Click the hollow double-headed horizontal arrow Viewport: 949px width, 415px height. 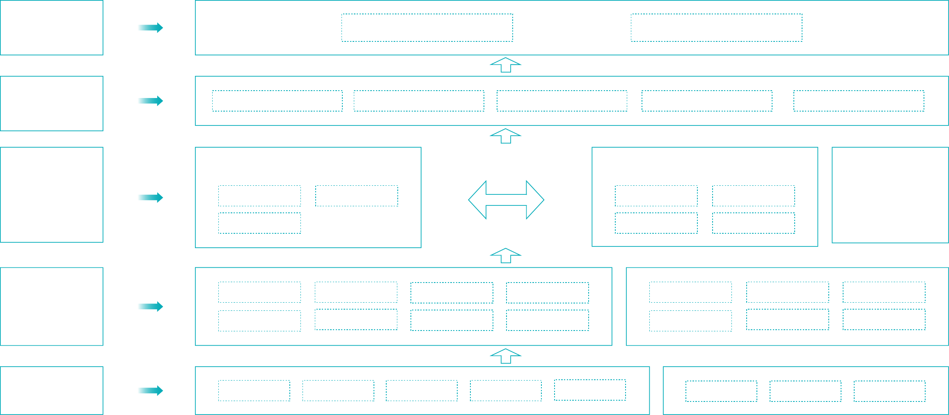506,200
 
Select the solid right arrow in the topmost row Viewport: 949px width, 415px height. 150,28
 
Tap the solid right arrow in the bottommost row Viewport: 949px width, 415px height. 150,390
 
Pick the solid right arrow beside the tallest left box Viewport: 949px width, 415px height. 150,198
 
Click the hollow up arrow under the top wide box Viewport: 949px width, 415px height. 506,65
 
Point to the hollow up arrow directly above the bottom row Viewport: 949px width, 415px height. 506,356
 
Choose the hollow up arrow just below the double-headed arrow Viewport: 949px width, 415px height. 506,255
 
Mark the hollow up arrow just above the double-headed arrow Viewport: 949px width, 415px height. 506,136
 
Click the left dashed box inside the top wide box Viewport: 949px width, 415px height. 427,28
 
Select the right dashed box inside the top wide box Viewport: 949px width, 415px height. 716,28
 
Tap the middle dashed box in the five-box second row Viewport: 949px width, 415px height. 562,101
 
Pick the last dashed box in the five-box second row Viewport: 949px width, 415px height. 859,101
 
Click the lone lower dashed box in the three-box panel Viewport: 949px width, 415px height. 259,223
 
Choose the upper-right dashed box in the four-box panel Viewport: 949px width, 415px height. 753,196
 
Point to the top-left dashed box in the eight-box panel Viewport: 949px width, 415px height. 259,292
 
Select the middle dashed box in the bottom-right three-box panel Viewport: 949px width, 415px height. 805,391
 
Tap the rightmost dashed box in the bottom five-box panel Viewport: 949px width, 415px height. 590,390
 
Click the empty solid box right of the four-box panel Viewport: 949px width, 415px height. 890,195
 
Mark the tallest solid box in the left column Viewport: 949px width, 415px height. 52,195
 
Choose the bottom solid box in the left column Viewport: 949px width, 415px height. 52,390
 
